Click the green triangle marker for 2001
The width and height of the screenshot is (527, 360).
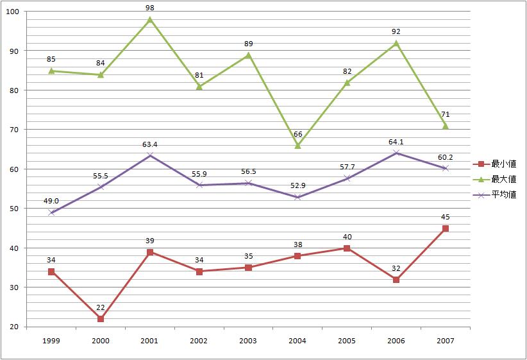[x=150, y=19]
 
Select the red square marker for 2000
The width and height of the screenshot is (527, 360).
[x=101, y=319]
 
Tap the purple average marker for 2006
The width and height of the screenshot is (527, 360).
[x=396, y=153]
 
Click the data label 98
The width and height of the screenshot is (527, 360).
[x=150, y=8]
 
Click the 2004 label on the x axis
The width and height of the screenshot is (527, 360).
[x=298, y=340]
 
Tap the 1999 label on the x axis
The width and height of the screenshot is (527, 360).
[x=51, y=340]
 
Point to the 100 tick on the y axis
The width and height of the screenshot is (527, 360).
[x=13, y=12]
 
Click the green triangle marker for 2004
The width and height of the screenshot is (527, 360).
[x=298, y=146]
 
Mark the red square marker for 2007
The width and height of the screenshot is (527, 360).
[x=446, y=228]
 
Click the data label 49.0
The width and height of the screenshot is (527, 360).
[x=51, y=201]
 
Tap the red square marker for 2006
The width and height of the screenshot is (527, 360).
[x=396, y=280]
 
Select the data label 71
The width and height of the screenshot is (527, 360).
[x=446, y=114]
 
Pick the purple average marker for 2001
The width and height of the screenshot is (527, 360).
[x=150, y=155]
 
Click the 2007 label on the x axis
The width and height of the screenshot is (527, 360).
[x=446, y=340]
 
